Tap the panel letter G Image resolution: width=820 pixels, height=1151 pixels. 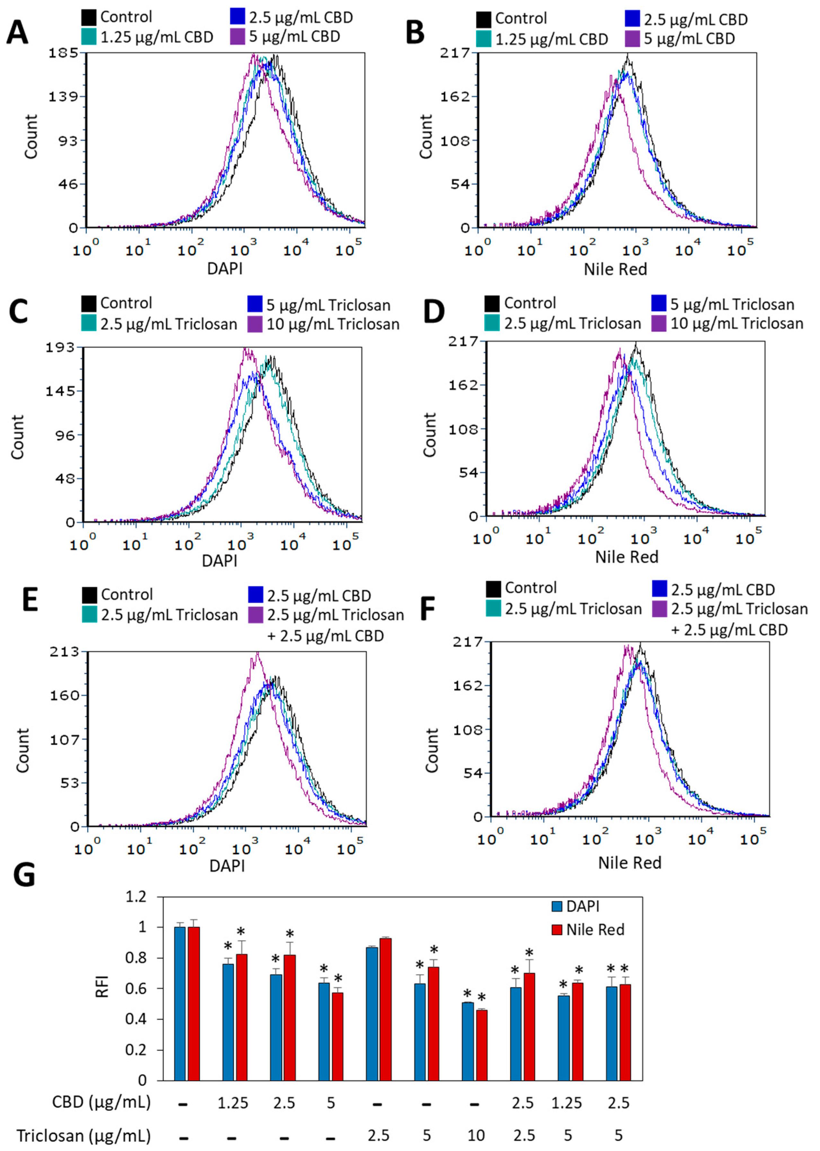coord(24,875)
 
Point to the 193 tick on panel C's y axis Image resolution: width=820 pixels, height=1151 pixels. coord(60,348)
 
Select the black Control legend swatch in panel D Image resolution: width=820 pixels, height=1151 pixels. coord(492,303)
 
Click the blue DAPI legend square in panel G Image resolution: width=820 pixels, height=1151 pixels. coord(557,907)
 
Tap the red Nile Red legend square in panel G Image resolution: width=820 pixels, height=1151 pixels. coord(557,929)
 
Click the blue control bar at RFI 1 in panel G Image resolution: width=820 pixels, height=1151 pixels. coord(180,1005)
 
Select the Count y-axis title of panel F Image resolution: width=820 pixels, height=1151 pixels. coord(432,750)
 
